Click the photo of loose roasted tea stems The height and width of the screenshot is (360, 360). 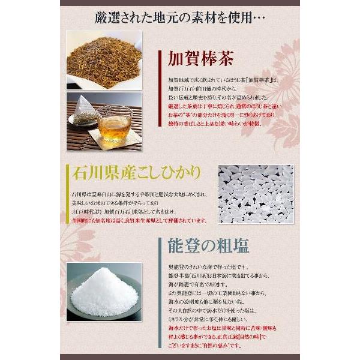tap(103, 59)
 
